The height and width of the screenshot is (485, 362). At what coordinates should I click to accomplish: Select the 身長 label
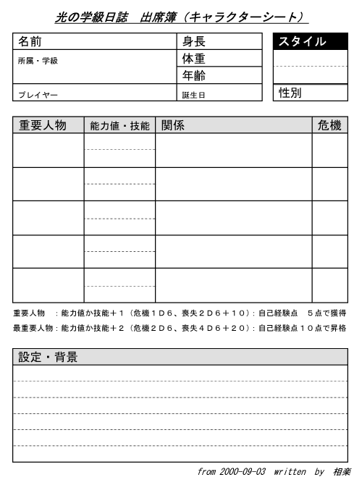pos(194,42)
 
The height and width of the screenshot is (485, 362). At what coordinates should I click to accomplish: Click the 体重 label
pos(194,59)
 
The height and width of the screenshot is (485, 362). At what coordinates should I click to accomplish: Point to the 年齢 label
pos(194,75)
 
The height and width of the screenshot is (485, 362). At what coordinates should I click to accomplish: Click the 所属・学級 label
pos(38,61)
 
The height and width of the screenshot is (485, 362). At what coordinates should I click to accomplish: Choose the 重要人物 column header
pos(43,125)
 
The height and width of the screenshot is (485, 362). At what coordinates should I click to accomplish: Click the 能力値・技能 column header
pos(119,126)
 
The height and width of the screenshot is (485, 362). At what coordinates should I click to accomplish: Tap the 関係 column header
pos(173,125)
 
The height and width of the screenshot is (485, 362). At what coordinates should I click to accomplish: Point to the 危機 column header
pos(329,125)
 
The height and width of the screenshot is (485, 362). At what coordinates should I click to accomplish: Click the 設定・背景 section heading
pos(48,357)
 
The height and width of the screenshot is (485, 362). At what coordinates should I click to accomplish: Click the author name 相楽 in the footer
pos(342,471)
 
